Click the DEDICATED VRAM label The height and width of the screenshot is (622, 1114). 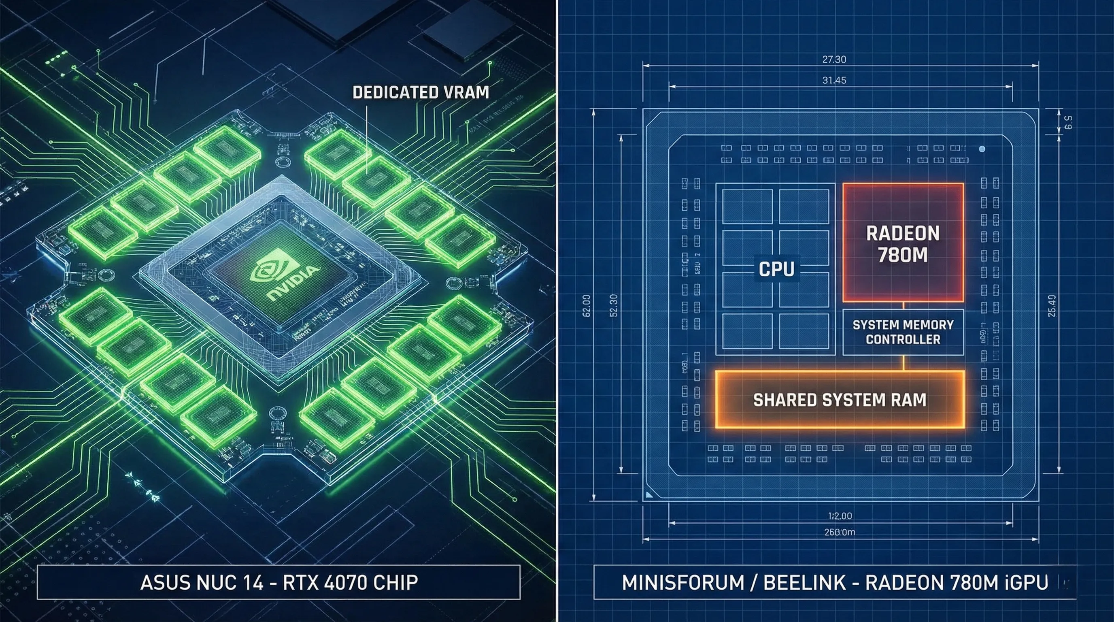pyautogui.click(x=420, y=92)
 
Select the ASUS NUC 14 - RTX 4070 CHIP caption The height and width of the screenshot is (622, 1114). pyautogui.click(x=279, y=582)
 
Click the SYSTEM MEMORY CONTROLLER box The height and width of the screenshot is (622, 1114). pyautogui.click(x=903, y=332)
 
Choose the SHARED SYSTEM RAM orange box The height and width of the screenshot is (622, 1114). pyautogui.click(x=840, y=399)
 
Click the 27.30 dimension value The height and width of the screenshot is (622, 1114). pyautogui.click(x=834, y=59)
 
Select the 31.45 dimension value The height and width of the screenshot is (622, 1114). pyautogui.click(x=834, y=80)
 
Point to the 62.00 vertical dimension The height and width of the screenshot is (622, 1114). pyautogui.click(x=587, y=305)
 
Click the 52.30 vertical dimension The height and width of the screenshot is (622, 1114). pyautogui.click(x=613, y=305)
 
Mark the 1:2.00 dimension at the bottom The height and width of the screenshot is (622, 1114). pyautogui.click(x=840, y=515)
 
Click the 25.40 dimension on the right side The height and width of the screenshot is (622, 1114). pyautogui.click(x=1052, y=305)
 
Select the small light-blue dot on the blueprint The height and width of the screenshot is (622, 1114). pyautogui.click(x=982, y=149)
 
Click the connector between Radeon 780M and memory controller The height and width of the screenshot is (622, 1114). pyautogui.click(x=904, y=305)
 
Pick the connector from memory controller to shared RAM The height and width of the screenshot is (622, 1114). pyautogui.click(x=904, y=362)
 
